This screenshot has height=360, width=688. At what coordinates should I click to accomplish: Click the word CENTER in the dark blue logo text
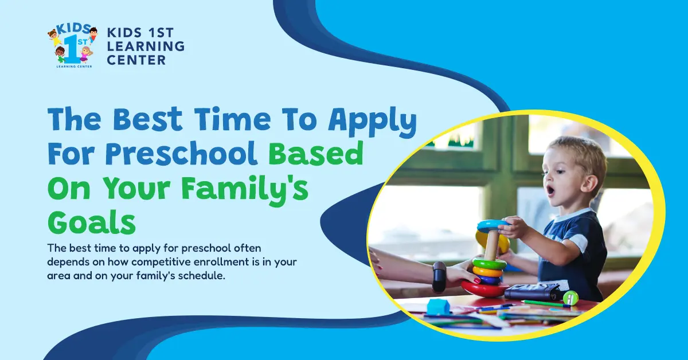click(x=136, y=60)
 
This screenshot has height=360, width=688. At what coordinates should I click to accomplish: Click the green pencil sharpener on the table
click(x=570, y=298)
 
